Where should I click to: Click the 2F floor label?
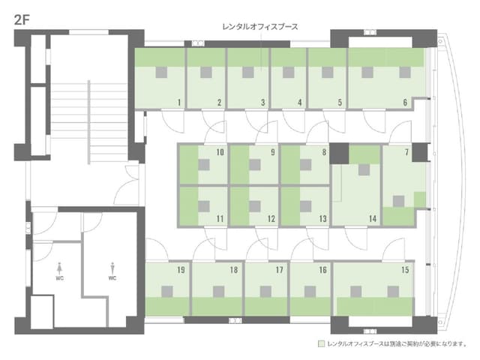[x=22, y=20]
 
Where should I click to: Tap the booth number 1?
[x=179, y=103]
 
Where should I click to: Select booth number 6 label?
[x=405, y=103]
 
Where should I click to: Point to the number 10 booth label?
[x=220, y=152]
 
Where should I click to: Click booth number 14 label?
[x=373, y=219]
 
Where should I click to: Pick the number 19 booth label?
[x=181, y=270]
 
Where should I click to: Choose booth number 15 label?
[x=405, y=270]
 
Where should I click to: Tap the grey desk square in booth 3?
[x=248, y=73]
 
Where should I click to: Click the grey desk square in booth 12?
[x=255, y=206]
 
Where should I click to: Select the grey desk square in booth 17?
[x=265, y=292]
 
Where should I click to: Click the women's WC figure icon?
[x=60, y=268]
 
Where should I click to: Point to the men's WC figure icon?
[x=112, y=268]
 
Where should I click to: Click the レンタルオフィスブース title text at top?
[x=260, y=27]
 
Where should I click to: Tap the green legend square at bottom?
[x=321, y=343]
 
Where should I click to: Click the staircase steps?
[x=89, y=121]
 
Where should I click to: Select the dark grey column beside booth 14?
[x=339, y=153]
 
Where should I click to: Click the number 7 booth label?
[x=406, y=152]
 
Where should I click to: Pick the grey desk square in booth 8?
[x=305, y=165]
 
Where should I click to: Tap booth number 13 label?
[x=322, y=219]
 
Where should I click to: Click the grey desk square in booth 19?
[x=166, y=292]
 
